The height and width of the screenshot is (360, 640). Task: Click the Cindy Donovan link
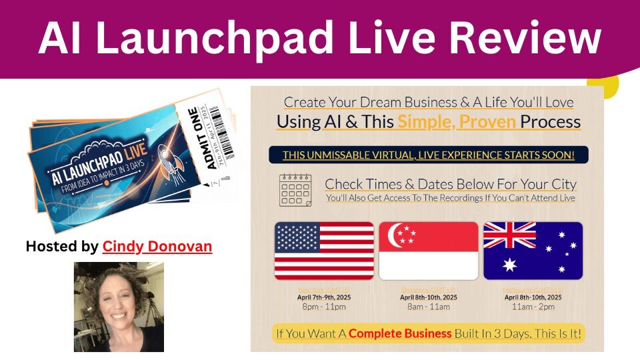[x=157, y=247]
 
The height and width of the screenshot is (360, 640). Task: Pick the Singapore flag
[x=428, y=251]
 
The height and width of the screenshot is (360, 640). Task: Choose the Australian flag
[x=533, y=251]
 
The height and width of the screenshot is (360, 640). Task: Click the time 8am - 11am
[x=428, y=307]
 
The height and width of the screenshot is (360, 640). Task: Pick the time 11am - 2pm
[x=533, y=307]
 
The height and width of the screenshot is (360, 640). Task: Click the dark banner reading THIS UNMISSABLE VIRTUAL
[x=428, y=155]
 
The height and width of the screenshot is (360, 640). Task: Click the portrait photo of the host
[x=119, y=307]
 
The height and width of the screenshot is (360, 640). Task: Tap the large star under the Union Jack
[x=510, y=265]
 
